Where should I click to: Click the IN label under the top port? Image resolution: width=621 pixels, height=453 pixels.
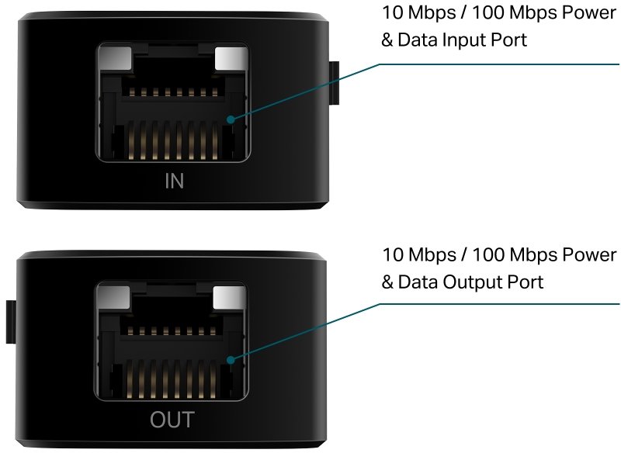point(174,181)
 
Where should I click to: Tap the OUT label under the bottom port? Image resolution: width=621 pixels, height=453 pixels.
point(172,420)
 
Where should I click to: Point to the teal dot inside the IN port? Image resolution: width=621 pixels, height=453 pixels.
point(231,119)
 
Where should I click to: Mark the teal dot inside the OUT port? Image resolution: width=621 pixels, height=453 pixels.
point(231,360)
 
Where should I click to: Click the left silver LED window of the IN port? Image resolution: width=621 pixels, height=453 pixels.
point(115,57)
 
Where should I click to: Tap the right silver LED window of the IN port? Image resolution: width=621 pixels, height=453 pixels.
point(231,58)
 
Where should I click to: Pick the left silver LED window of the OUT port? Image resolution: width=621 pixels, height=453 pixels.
point(113,298)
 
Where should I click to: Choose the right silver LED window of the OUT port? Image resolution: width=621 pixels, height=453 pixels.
point(229,298)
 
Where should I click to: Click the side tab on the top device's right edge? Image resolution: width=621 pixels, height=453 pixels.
point(335,83)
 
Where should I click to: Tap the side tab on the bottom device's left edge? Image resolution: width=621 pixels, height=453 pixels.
point(11,322)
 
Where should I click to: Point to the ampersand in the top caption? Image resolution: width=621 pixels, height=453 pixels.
point(387,40)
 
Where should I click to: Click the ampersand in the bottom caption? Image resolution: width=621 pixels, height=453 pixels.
point(387,282)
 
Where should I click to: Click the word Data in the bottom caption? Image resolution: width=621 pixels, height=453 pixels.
point(418,282)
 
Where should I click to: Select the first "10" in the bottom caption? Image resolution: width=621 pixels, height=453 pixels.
point(393,254)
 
